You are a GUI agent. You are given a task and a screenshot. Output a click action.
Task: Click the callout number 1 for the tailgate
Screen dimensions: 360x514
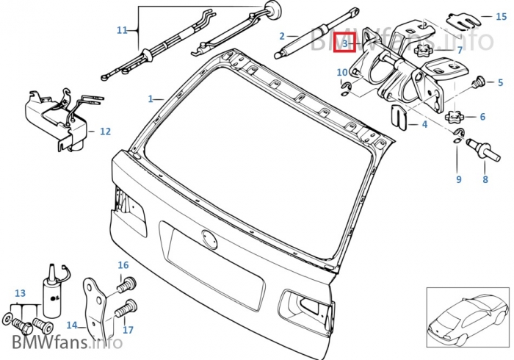[150, 98]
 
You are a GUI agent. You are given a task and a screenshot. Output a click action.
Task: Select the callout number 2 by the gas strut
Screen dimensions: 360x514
[282, 35]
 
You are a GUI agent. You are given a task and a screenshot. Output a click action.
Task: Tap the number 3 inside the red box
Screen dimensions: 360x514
[344, 44]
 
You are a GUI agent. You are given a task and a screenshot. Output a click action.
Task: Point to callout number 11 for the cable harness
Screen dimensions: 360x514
[122, 30]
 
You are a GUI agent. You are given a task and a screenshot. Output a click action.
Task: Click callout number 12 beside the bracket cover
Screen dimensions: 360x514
[105, 132]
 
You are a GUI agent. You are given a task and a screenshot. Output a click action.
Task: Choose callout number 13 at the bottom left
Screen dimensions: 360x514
[20, 292]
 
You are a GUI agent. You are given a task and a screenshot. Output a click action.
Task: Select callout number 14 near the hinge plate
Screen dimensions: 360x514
[71, 325]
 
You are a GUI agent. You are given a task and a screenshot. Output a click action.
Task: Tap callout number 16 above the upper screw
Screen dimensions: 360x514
[123, 265]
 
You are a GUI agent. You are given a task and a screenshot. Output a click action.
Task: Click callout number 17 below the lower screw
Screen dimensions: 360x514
[128, 330]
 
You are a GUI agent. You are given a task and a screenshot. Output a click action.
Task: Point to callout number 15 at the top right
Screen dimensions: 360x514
[501, 16]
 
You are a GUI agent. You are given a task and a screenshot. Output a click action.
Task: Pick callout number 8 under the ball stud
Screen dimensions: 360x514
[485, 179]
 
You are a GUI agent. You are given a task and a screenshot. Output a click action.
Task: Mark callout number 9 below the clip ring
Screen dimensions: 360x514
[459, 179]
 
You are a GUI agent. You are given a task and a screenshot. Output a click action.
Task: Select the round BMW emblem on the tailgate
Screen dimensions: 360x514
[209, 240]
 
